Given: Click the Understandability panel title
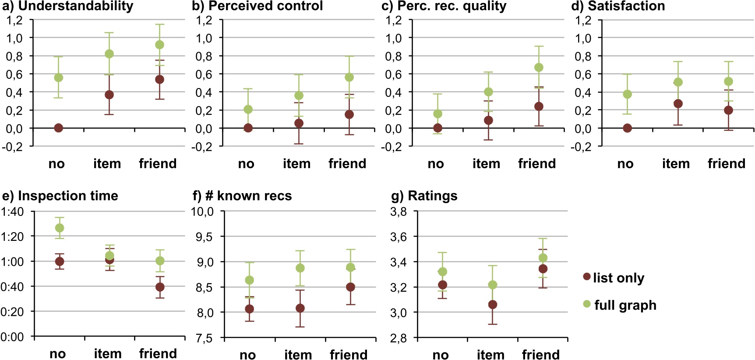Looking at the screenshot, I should [68, 6].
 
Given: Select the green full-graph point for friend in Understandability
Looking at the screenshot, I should [160, 45].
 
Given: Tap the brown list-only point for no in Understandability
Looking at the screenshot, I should [58, 128].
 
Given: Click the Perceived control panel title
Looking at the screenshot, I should [258, 6].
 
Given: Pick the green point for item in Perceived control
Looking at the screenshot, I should [299, 95].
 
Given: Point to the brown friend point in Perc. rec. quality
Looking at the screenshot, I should [539, 106].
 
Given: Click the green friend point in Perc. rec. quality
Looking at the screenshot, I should [539, 67].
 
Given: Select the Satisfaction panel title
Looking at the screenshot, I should [618, 6].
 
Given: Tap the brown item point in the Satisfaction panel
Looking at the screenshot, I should [678, 104].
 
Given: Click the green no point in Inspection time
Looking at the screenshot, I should [60, 228].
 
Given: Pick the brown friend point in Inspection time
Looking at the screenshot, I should [160, 287].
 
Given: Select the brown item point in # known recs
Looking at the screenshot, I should [300, 308].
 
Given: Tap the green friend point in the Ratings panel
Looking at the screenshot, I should [543, 258].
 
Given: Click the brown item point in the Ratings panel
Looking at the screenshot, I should [493, 304].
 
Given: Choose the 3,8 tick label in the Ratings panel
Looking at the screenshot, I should [399, 212].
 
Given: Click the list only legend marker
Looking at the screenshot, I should [587, 276].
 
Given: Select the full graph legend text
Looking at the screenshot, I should [625, 305].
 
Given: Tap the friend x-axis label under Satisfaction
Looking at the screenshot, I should [726, 164].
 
